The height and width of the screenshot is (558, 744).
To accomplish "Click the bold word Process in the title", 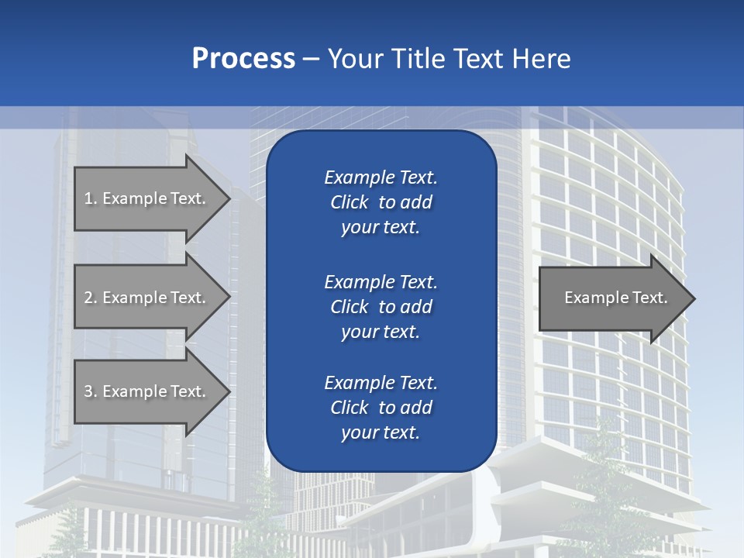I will point(243,59).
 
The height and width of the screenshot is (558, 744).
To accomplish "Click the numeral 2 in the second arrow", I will point(88,298).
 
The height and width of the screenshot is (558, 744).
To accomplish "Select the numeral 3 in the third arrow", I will point(88,391).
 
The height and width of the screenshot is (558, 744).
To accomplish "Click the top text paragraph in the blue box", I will point(381,202).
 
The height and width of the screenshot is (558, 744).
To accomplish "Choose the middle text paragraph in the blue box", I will point(381,307).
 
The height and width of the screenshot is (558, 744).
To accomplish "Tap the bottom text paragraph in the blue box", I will point(381,408).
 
